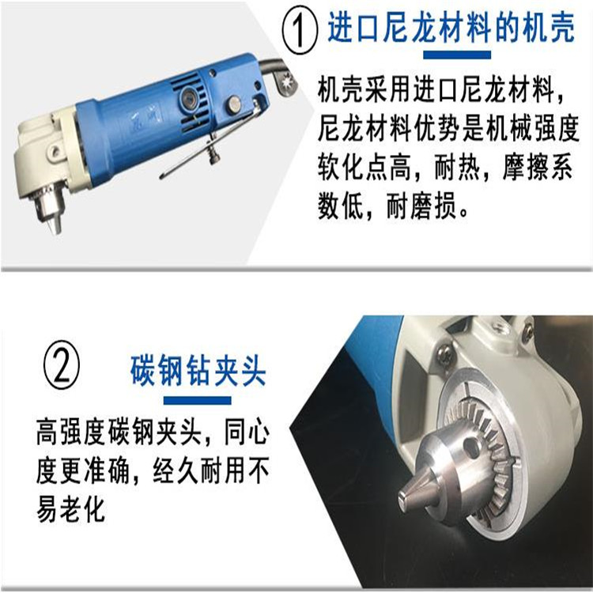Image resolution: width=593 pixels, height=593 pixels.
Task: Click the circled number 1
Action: click(x=300, y=31)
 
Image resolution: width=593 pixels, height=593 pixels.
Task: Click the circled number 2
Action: click(x=61, y=364)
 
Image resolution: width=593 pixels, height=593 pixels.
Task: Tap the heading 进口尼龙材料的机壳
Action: click(x=451, y=28)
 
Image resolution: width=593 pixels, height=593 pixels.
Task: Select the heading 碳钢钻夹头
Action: click(x=198, y=371)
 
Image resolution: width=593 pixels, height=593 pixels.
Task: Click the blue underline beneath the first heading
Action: click(x=457, y=55)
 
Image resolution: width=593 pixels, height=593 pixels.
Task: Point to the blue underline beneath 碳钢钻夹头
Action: click(x=198, y=401)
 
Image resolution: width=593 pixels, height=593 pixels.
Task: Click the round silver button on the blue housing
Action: click(x=234, y=104)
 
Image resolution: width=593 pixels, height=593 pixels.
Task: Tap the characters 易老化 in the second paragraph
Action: click(x=70, y=509)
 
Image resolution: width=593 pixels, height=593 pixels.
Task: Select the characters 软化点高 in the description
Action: click(x=364, y=167)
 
